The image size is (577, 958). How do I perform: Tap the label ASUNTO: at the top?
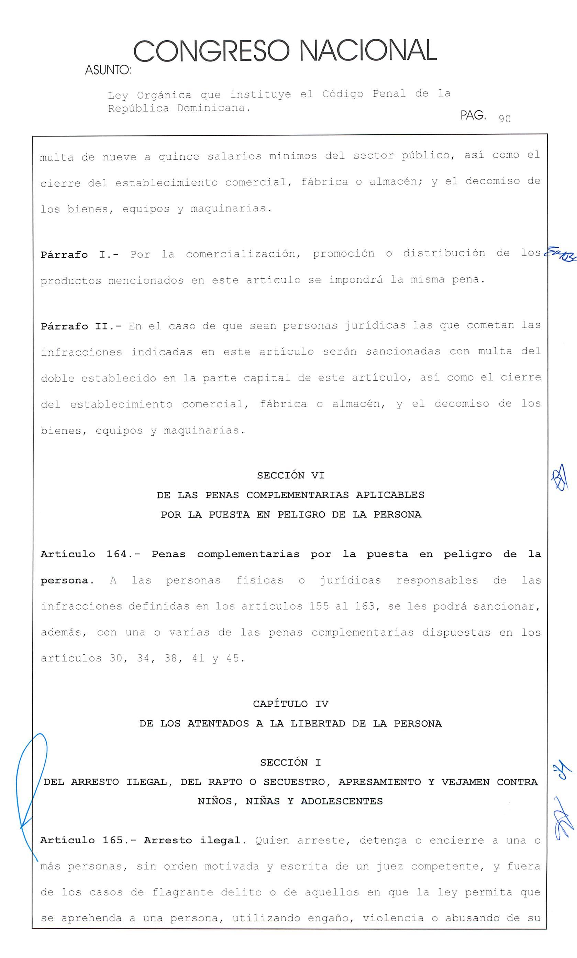click(108, 70)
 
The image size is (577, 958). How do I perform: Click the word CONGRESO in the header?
click(212, 51)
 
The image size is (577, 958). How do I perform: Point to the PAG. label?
click(473, 115)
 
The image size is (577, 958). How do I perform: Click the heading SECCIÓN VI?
click(290, 475)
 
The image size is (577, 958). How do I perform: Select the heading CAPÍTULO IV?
click(290, 704)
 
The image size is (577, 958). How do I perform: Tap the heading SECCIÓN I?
click(290, 762)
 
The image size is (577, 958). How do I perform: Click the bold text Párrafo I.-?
click(80, 255)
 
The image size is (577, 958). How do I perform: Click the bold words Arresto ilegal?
click(192, 840)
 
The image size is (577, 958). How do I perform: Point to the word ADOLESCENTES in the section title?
click(342, 801)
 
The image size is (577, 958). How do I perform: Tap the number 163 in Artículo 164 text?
click(365, 606)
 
